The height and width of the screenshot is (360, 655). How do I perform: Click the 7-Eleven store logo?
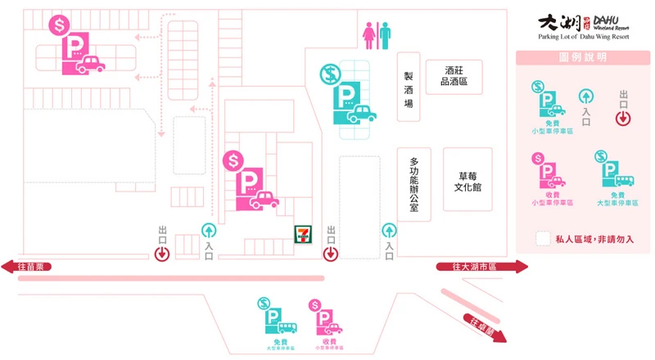[x=303, y=233]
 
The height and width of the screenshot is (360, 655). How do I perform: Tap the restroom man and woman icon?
[x=377, y=35]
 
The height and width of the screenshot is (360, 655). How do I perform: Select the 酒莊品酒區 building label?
[x=454, y=76]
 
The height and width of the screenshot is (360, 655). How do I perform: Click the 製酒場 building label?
[x=408, y=87]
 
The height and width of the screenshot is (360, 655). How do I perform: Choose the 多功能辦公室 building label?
[x=413, y=184]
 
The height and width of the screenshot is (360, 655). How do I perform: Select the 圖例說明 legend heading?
[x=583, y=57]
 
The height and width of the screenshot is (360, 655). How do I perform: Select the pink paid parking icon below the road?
[x=324, y=317]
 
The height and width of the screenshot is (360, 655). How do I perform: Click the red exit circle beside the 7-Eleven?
[x=330, y=254]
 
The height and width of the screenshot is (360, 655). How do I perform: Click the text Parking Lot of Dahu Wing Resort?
[x=582, y=38]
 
